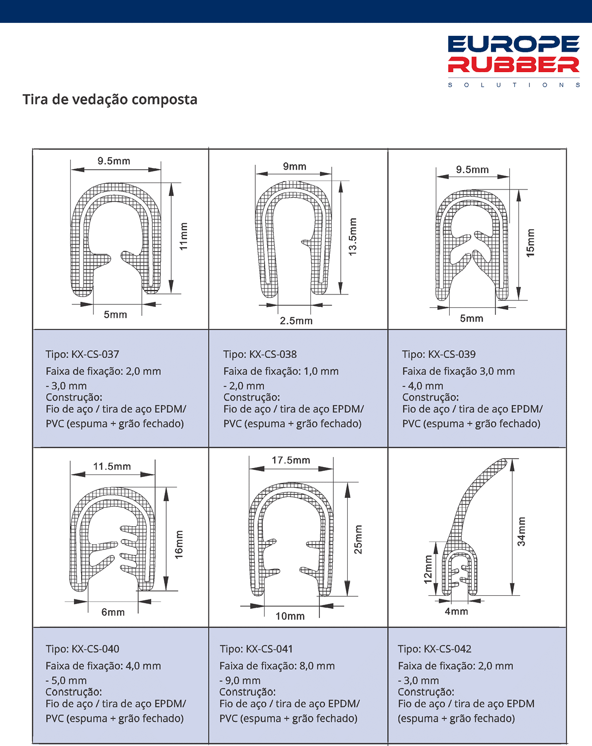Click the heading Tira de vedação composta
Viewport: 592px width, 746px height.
[110, 99]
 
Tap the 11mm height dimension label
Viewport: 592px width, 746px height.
[184, 236]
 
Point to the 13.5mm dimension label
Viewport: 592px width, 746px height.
[353, 237]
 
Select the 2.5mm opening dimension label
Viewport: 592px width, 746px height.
[296, 321]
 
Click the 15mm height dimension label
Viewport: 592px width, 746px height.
[530, 243]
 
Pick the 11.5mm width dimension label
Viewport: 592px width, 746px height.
[112, 466]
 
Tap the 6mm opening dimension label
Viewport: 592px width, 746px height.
[113, 612]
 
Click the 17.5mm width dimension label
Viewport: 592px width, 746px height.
[291, 460]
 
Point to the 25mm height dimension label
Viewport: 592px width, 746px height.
[358, 539]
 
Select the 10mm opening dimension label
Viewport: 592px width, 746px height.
[290, 616]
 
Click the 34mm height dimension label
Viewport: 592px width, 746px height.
[521, 532]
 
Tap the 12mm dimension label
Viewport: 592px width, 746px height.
[428, 569]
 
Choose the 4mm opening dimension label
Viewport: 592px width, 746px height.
[456, 611]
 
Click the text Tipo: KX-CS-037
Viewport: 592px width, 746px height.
[83, 354]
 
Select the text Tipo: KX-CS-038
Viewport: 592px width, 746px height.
[260, 354]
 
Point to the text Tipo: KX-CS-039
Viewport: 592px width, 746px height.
[439, 354]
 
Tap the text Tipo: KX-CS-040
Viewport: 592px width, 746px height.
[83, 649]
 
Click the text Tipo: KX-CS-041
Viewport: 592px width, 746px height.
[256, 649]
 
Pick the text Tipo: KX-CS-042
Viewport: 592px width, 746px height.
[434, 649]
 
